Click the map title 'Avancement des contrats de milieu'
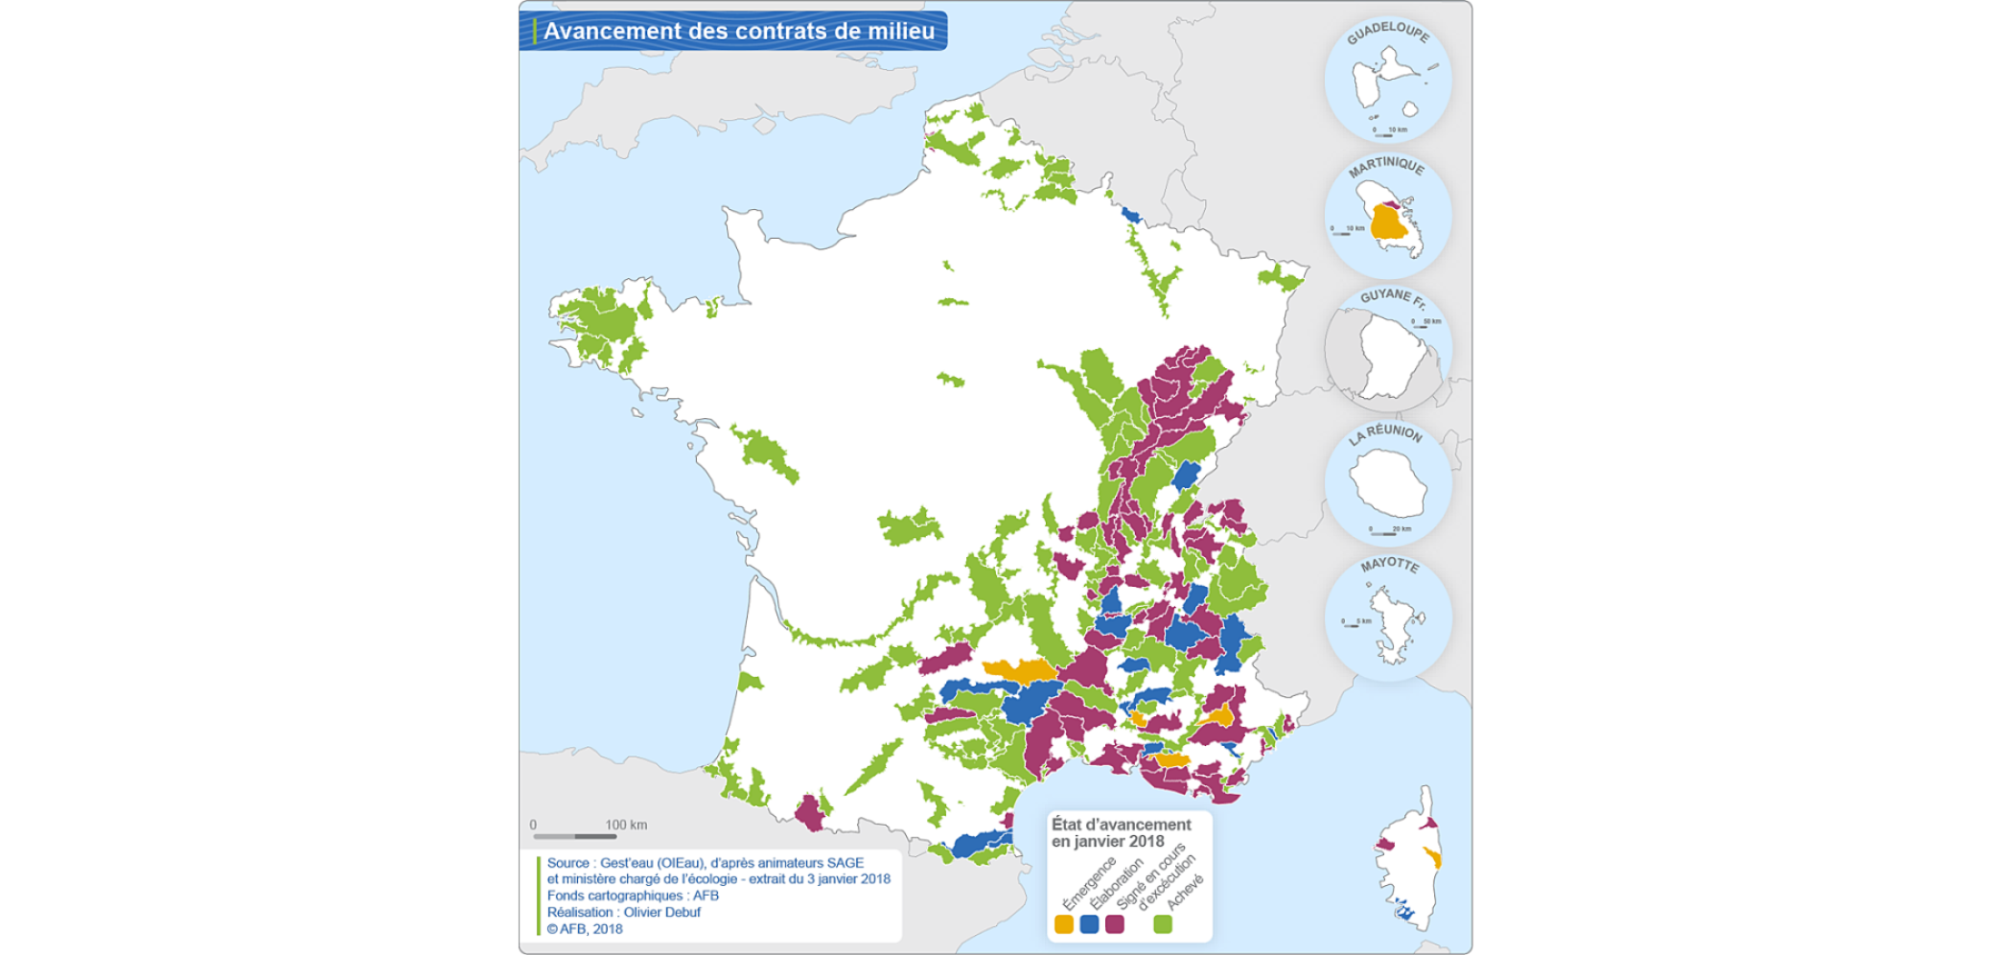coord(738,31)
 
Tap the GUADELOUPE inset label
coord(1387,33)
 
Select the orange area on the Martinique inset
coord(1385,224)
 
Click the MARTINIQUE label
coord(1386,167)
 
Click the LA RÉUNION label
coord(1385,433)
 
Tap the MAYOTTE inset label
coord(1389,565)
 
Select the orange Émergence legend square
coord(1063,924)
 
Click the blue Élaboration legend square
coord(1089,924)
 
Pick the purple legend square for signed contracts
coord(1114,924)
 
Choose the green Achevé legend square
coord(1163,924)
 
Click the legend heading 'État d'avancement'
coord(1121,825)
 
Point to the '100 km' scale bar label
coord(626,825)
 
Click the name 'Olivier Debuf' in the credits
coord(661,912)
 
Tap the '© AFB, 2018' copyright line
coord(585,928)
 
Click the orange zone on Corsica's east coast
coord(1433,857)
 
